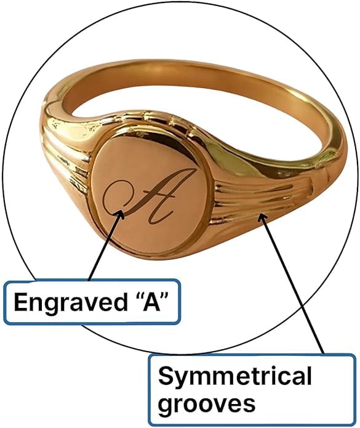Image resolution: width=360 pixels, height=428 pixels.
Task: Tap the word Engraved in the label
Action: pos(71,303)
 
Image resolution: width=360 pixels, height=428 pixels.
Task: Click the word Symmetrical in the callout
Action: pos(235,376)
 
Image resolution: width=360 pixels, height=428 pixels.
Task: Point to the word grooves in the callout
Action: pos(207,403)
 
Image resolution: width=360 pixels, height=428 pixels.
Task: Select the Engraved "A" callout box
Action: pos(92,302)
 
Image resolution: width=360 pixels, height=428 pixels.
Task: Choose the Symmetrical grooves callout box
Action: pos(252,390)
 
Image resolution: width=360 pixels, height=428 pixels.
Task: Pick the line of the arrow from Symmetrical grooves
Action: pos(292,285)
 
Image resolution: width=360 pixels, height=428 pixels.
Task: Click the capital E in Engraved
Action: pos(21,302)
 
